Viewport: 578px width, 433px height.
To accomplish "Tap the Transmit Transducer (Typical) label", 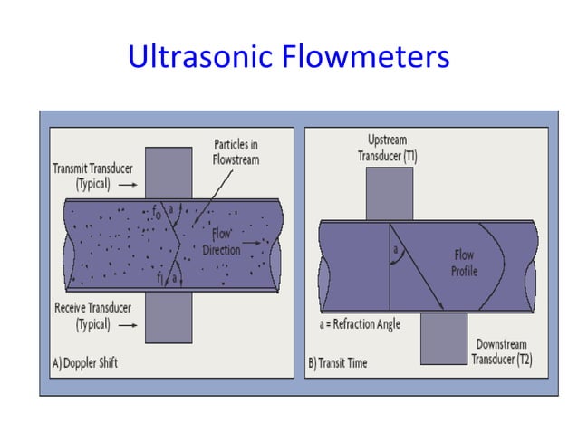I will (87, 175).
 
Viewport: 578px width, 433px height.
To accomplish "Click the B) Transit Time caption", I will (339, 363).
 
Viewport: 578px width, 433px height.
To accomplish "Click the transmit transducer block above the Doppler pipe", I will (169, 172).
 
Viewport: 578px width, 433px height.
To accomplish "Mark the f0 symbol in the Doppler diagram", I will (158, 214).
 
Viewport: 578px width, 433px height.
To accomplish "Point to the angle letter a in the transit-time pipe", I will (395, 246).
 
